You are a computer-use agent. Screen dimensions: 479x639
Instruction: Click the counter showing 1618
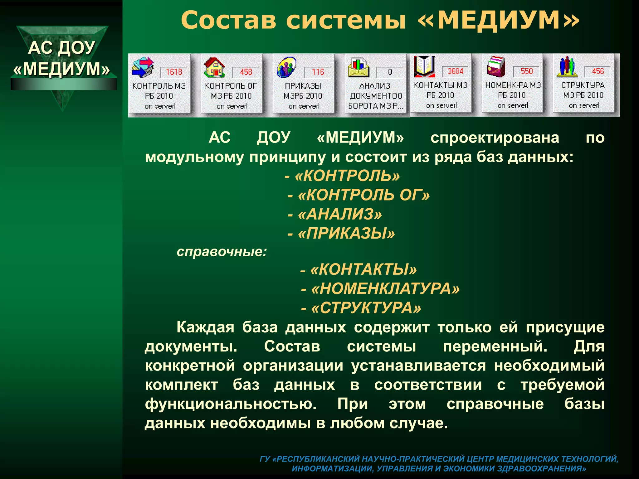[x=174, y=72]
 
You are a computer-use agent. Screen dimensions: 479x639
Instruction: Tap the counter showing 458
[x=246, y=72]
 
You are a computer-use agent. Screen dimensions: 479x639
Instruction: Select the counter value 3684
[x=455, y=71]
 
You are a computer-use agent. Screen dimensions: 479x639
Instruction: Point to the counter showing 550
[x=527, y=71]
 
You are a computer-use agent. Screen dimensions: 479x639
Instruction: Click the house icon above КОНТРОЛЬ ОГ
[x=214, y=67]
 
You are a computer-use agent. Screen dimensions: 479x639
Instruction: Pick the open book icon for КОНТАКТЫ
[x=424, y=66]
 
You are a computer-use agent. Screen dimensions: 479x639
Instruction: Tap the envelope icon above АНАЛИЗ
[x=359, y=67]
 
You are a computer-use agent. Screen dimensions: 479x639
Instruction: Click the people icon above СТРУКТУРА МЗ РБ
[x=567, y=66]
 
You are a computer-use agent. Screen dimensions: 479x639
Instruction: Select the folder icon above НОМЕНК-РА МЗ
[x=496, y=66]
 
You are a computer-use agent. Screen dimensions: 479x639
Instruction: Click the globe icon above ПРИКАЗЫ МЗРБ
[x=286, y=67]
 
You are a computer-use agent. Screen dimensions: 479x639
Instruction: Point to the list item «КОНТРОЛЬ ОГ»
[x=359, y=195]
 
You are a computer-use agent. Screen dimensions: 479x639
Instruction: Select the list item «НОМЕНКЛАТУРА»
[x=380, y=289]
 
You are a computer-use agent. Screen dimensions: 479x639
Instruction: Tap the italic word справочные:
[x=222, y=252]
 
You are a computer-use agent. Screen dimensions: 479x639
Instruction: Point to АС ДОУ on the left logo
[x=61, y=48]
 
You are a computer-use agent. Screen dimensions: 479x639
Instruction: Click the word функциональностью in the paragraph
[x=231, y=404]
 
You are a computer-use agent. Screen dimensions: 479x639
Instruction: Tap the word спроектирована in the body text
[x=495, y=138]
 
